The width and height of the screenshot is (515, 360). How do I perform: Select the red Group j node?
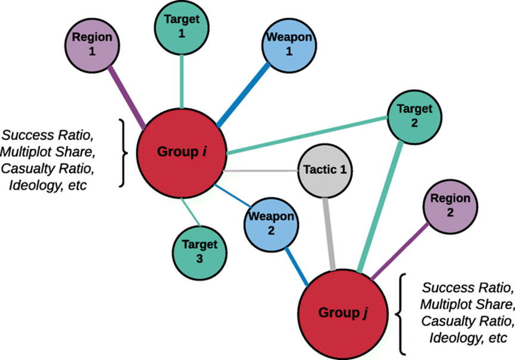(x=339, y=312)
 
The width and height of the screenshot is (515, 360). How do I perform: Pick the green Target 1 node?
(x=181, y=26)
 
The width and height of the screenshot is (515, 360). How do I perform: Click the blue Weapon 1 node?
(x=289, y=45)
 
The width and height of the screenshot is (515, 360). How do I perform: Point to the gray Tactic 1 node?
(x=325, y=170)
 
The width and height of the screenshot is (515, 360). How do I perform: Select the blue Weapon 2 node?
(x=270, y=223)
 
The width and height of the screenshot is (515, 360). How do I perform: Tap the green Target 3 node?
(x=200, y=251)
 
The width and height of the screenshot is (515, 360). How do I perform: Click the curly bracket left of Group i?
(x=123, y=152)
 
